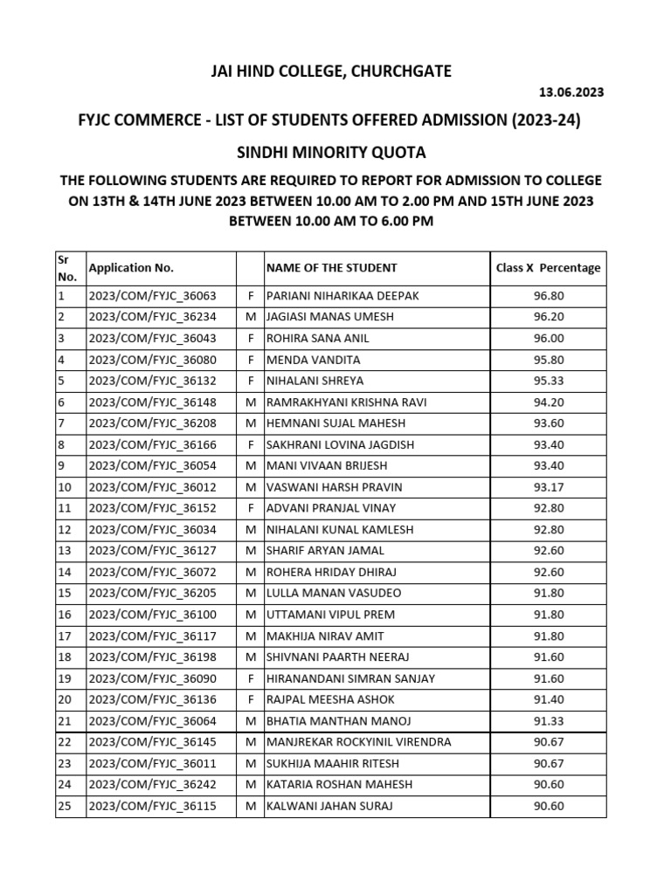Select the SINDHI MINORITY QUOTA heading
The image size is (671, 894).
click(x=332, y=153)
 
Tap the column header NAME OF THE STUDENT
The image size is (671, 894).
click(x=332, y=268)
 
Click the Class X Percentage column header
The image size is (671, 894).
click(x=548, y=268)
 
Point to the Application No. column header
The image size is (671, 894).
click(x=131, y=268)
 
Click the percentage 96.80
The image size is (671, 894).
click(x=549, y=296)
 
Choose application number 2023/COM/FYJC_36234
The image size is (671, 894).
click(x=152, y=317)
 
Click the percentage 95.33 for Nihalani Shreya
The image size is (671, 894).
click(x=549, y=381)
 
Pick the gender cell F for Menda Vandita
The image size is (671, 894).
click(x=251, y=360)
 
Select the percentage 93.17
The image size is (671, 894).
click(x=549, y=487)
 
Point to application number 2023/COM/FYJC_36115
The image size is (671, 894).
click(x=152, y=806)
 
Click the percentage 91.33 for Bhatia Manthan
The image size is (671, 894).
click(x=549, y=721)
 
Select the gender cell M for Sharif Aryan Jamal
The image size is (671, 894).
click(x=251, y=551)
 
